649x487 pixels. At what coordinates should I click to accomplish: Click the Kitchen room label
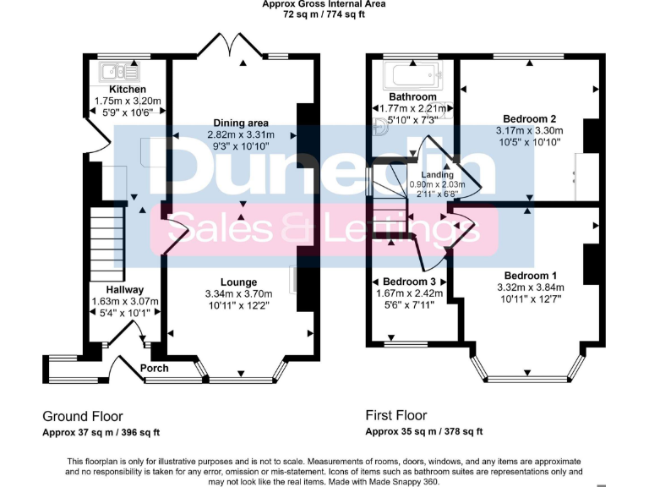click(x=128, y=90)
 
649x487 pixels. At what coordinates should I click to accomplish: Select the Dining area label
click(x=242, y=123)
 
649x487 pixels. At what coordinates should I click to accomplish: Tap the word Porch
click(x=155, y=368)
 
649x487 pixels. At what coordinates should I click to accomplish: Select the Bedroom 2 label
click(x=529, y=119)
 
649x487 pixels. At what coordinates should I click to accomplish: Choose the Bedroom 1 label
click(x=531, y=276)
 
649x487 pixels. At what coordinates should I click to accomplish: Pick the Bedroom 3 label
click(x=410, y=282)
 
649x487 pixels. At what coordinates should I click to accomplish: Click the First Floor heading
click(x=396, y=415)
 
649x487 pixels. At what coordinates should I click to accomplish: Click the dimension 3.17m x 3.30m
click(x=529, y=131)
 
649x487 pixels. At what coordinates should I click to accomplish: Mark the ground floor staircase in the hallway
click(x=107, y=246)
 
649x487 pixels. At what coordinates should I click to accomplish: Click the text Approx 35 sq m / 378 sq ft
click(x=424, y=431)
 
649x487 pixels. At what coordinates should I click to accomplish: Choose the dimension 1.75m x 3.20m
click(x=128, y=101)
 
